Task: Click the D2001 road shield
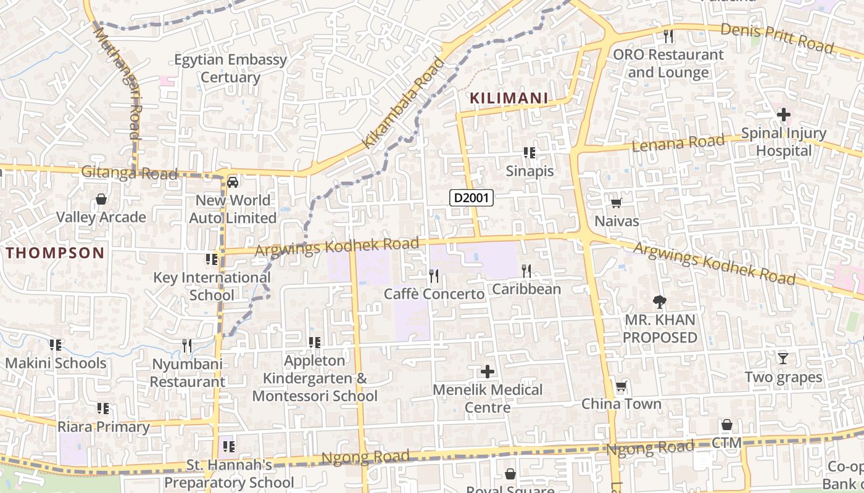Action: pos(471,198)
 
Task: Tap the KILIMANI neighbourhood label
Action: pos(509,98)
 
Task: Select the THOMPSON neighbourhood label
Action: pos(56,253)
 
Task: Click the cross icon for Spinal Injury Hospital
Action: pos(783,115)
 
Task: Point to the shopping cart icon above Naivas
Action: pos(615,203)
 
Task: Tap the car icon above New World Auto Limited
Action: pos(233,182)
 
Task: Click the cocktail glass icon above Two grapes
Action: pos(783,358)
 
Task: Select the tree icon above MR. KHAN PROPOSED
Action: pos(660,302)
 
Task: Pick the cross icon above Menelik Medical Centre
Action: pos(488,372)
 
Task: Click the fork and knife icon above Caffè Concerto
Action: pos(434,275)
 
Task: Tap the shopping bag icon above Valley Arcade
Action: pos(101,199)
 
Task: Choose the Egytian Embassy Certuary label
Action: pos(230,68)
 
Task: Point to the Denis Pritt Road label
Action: pos(777,38)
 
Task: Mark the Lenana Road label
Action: pos(678,144)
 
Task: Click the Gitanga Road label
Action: pos(129,173)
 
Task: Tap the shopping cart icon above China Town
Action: pos(621,386)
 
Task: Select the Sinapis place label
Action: pos(530,171)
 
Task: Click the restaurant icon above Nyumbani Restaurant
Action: pos(187,346)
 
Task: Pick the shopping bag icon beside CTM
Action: pos(727,425)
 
